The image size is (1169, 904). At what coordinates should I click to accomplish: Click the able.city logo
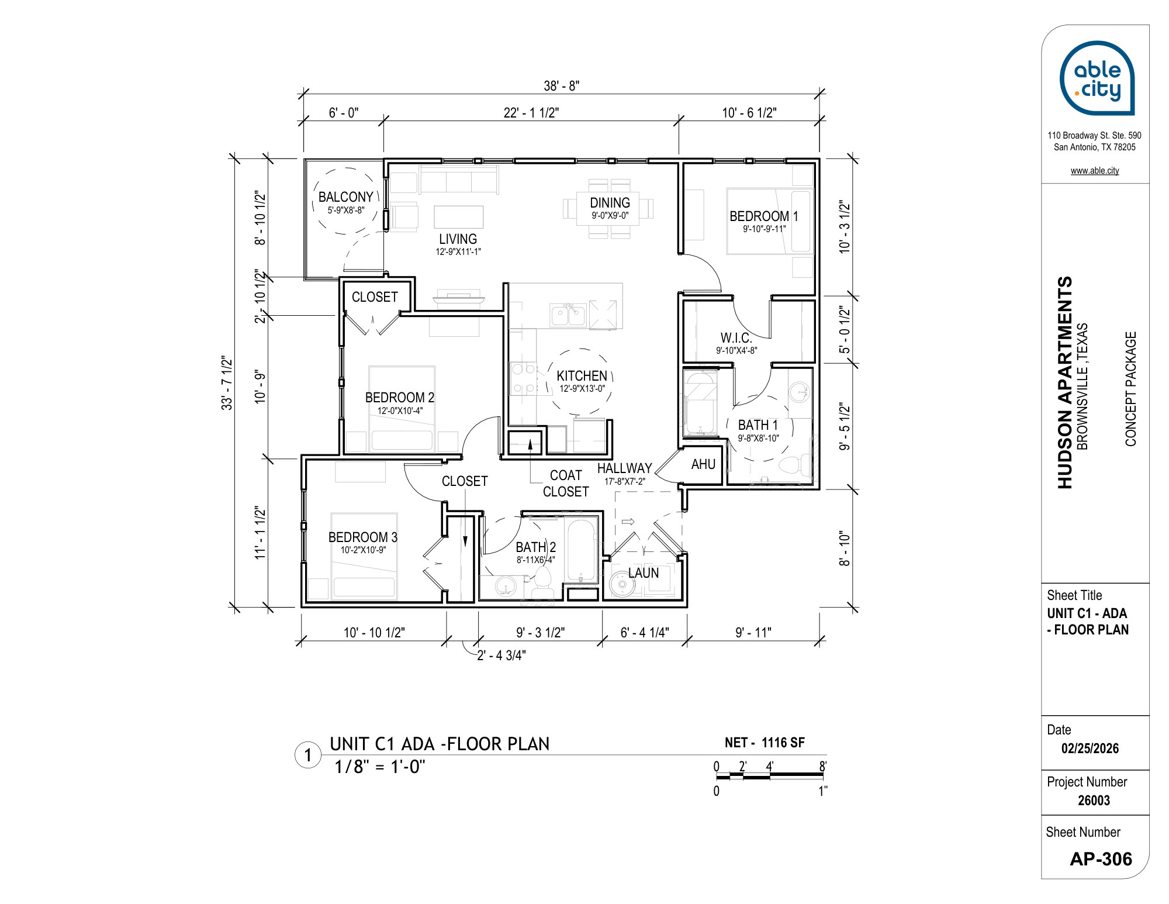[x=1097, y=78]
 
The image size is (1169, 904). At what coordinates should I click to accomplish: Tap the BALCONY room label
[x=345, y=197]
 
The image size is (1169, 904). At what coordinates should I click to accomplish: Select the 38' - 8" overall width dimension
[x=561, y=86]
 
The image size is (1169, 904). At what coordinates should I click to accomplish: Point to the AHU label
[x=703, y=464]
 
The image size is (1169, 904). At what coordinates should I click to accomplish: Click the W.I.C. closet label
[x=736, y=337]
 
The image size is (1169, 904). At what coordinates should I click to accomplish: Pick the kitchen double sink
[x=568, y=315]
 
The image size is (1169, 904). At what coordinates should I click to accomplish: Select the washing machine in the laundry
[x=621, y=583]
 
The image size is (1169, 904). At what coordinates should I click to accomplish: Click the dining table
[x=608, y=209]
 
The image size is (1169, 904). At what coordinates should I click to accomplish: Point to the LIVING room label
[x=458, y=239]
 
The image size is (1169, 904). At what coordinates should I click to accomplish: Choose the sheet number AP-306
[x=1101, y=859]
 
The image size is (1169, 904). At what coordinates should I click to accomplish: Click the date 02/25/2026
[x=1090, y=748]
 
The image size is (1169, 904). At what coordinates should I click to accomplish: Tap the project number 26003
[x=1094, y=801]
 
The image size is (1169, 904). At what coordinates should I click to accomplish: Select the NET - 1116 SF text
[x=765, y=743]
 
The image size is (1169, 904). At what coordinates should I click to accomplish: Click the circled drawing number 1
[x=307, y=755]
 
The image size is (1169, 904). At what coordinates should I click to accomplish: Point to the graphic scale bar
[x=770, y=776]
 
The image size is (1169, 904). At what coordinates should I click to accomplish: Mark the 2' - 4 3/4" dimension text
[x=502, y=655]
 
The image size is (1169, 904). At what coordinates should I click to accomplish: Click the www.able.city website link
[x=1095, y=171]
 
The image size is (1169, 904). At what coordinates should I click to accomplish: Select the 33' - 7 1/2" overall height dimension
[x=227, y=383]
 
